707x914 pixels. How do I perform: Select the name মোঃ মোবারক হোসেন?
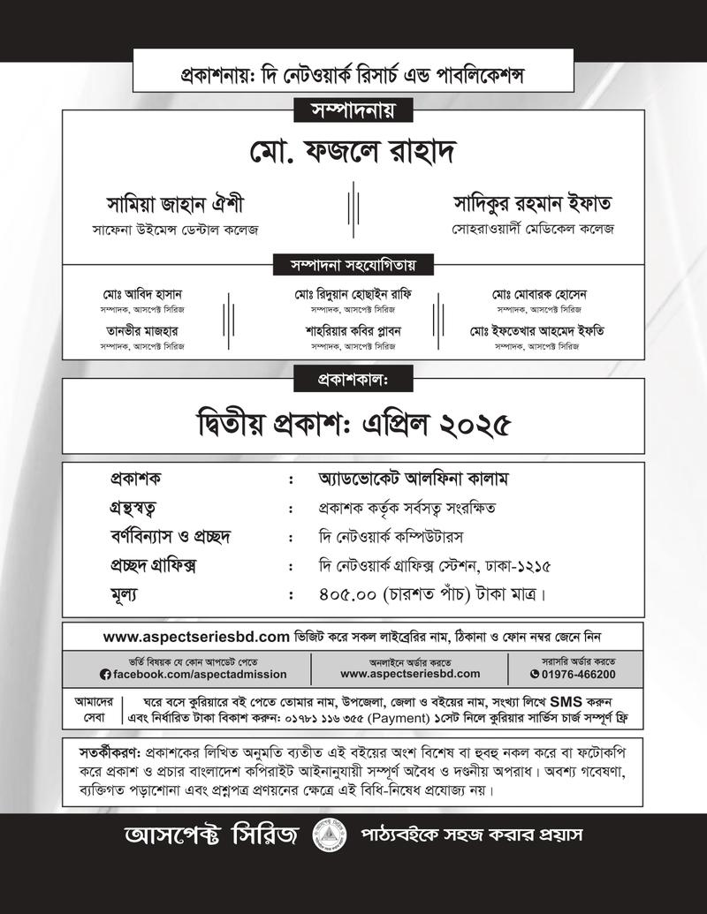[x=540, y=293]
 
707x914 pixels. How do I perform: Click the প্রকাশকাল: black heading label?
[x=353, y=379]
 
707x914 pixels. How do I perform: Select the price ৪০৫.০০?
[x=348, y=593]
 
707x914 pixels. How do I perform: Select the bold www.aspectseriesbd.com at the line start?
[x=196, y=636]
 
